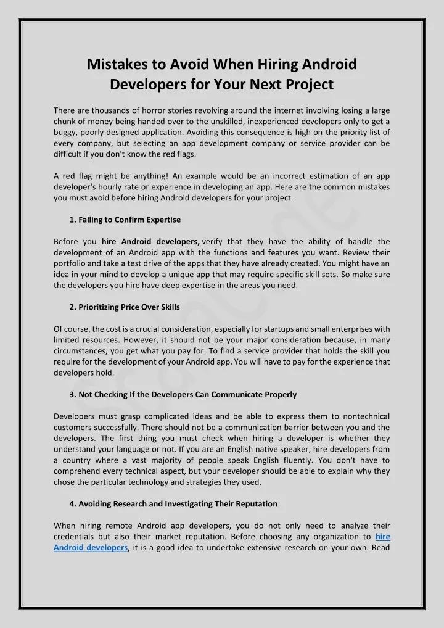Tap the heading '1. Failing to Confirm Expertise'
point(125,220)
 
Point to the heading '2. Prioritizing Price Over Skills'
point(125,307)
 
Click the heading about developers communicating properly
point(183,394)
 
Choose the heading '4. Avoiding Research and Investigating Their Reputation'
point(173,503)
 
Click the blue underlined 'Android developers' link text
point(91,547)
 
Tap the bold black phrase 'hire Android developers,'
point(150,241)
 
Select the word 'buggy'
point(65,132)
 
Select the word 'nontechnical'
point(363,416)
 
